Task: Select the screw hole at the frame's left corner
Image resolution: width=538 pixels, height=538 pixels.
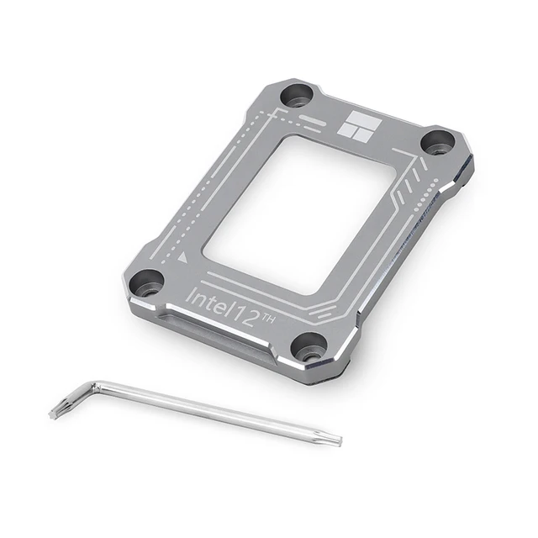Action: click(147, 282)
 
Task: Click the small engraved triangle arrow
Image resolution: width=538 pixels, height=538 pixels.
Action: click(183, 256)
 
